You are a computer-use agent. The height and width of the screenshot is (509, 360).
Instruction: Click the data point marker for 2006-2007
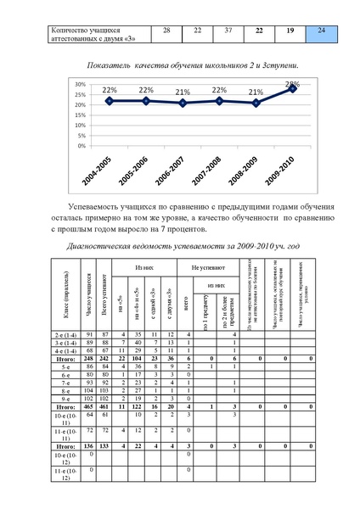[x=183, y=103]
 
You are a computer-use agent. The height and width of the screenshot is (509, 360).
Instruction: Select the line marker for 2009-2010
[x=293, y=88]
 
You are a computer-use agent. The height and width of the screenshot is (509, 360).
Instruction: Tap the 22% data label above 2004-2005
[x=110, y=90]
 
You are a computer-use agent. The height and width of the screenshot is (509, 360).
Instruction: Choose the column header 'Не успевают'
[x=205, y=267]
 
